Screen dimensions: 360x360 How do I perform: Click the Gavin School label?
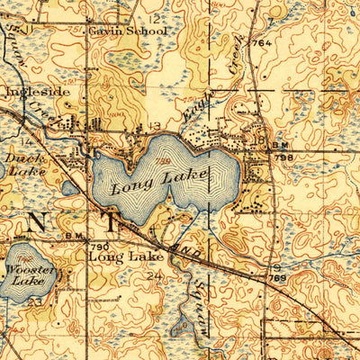[x=128, y=30]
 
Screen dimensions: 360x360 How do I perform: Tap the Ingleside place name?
[x=31, y=92]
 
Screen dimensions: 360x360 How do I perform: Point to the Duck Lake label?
[x=22, y=163]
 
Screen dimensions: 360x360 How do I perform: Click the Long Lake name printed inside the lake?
[x=159, y=181]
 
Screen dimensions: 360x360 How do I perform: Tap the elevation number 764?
[x=262, y=43]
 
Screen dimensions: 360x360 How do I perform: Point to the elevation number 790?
[x=98, y=246]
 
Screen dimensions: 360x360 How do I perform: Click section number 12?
[x=155, y=18]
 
